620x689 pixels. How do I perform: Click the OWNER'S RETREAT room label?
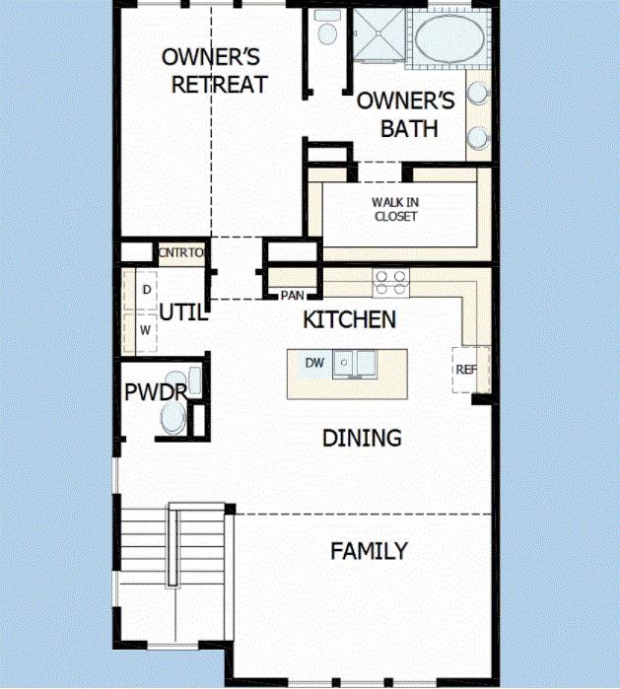(x=215, y=71)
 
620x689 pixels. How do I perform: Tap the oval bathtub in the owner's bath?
(x=449, y=38)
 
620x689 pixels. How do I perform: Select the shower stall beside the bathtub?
(x=379, y=34)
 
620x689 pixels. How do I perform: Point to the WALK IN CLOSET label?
(x=395, y=209)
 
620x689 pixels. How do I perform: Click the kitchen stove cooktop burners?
(x=390, y=283)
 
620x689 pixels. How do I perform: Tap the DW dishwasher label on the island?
(x=314, y=363)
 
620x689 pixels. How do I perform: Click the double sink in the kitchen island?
(x=354, y=364)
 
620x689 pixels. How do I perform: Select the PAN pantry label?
(x=292, y=296)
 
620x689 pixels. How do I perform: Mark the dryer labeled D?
(x=146, y=290)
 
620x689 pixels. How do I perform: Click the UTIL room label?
(x=182, y=312)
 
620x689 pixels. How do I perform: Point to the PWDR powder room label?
(x=156, y=392)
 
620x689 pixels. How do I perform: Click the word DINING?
(x=362, y=438)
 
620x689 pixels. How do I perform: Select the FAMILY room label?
(x=369, y=551)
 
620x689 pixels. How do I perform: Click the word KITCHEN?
(x=349, y=319)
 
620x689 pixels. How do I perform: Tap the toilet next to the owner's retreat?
(x=327, y=28)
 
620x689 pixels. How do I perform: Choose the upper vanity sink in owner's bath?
(x=478, y=93)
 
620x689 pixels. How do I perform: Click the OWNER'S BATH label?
(x=406, y=114)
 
